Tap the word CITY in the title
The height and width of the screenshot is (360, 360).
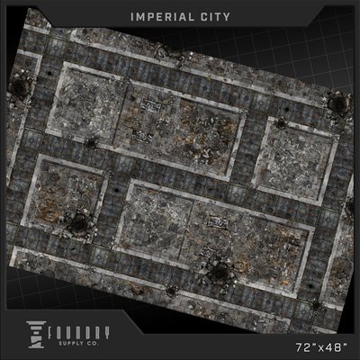pos(215,17)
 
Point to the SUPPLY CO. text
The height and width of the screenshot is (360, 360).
pos(78,344)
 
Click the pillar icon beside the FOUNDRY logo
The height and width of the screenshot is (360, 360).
pos(36,335)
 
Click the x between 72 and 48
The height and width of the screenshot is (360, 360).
pos(319,348)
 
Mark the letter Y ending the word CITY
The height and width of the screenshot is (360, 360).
pos(226,17)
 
